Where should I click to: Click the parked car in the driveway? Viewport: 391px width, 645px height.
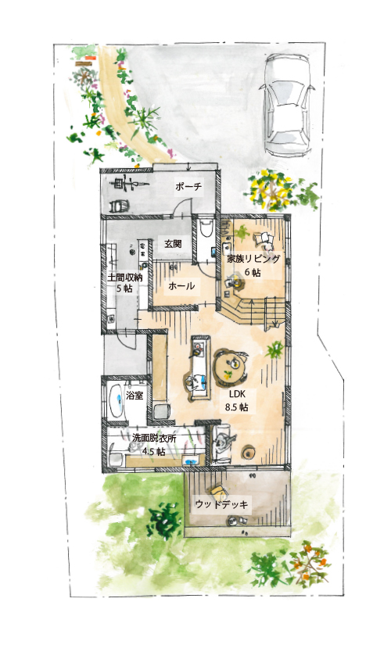(x=287, y=105)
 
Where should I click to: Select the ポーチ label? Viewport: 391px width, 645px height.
(x=188, y=187)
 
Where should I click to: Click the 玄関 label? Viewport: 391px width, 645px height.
(x=173, y=243)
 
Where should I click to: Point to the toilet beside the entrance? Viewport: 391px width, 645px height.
(x=206, y=228)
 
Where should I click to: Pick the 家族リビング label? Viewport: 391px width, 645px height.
(x=253, y=259)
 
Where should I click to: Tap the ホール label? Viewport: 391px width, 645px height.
(x=181, y=286)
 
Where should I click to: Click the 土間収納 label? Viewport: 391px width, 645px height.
(x=124, y=278)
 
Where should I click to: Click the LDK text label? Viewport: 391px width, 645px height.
(x=237, y=394)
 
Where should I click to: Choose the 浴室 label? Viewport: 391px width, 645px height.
(x=135, y=396)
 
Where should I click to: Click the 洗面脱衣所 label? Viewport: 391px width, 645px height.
(x=154, y=439)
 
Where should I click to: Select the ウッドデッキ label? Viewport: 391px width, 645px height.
(x=221, y=504)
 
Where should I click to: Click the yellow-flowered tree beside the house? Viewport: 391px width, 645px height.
(x=270, y=190)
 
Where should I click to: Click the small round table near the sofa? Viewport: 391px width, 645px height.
(x=249, y=452)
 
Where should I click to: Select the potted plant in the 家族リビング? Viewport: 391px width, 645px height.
(x=242, y=233)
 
